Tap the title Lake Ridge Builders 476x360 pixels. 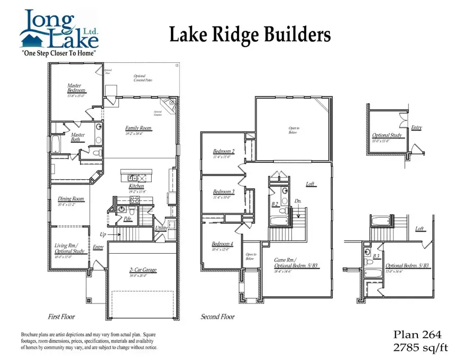(250, 35)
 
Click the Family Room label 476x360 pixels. (138, 128)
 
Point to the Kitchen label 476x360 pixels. (136, 187)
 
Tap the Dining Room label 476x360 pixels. (71, 199)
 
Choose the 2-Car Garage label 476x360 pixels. (142, 270)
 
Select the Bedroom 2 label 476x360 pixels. (224, 151)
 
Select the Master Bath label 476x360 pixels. (78, 137)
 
